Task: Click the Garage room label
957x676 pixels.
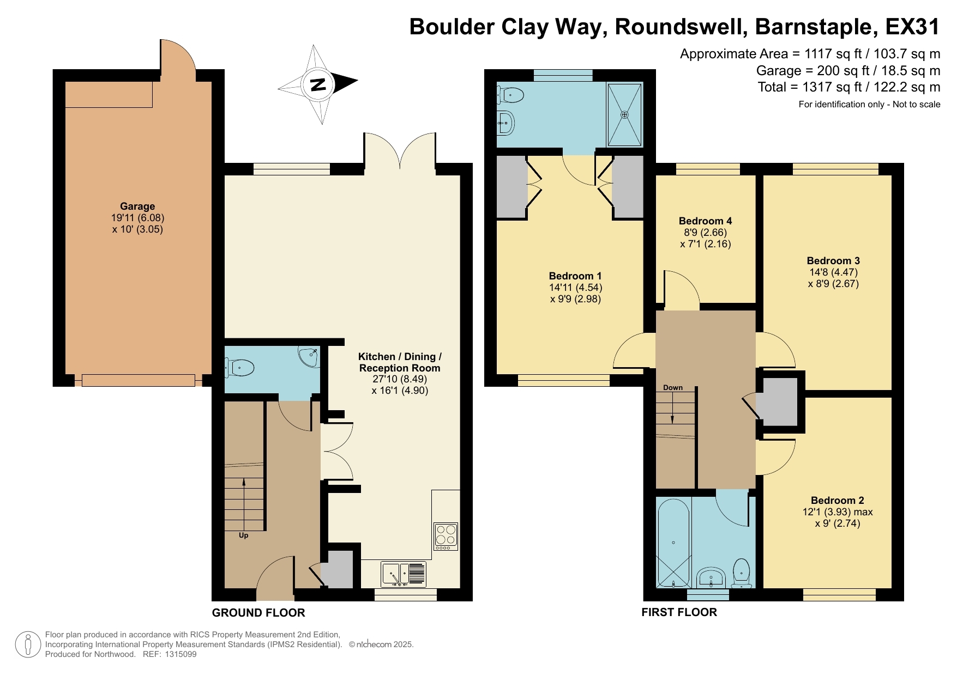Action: click(137, 206)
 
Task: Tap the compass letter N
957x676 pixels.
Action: click(318, 84)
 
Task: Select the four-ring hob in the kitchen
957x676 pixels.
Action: click(446, 536)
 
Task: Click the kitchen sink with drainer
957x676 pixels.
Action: click(404, 574)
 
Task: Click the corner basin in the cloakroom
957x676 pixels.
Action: click(310, 357)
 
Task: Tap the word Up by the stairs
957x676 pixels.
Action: click(243, 535)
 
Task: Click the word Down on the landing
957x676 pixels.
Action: click(672, 388)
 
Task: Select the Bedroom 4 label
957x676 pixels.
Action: click(705, 221)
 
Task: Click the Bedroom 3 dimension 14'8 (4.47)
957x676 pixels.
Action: click(833, 272)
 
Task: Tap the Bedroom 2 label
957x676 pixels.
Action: click(837, 500)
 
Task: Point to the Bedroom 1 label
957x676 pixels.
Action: click(575, 276)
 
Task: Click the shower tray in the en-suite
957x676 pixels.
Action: click(624, 115)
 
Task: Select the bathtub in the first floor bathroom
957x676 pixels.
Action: click(674, 542)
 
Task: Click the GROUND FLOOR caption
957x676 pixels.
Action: click(258, 613)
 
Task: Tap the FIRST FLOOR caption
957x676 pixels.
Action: click(679, 612)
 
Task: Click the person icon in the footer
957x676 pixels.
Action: click(28, 644)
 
